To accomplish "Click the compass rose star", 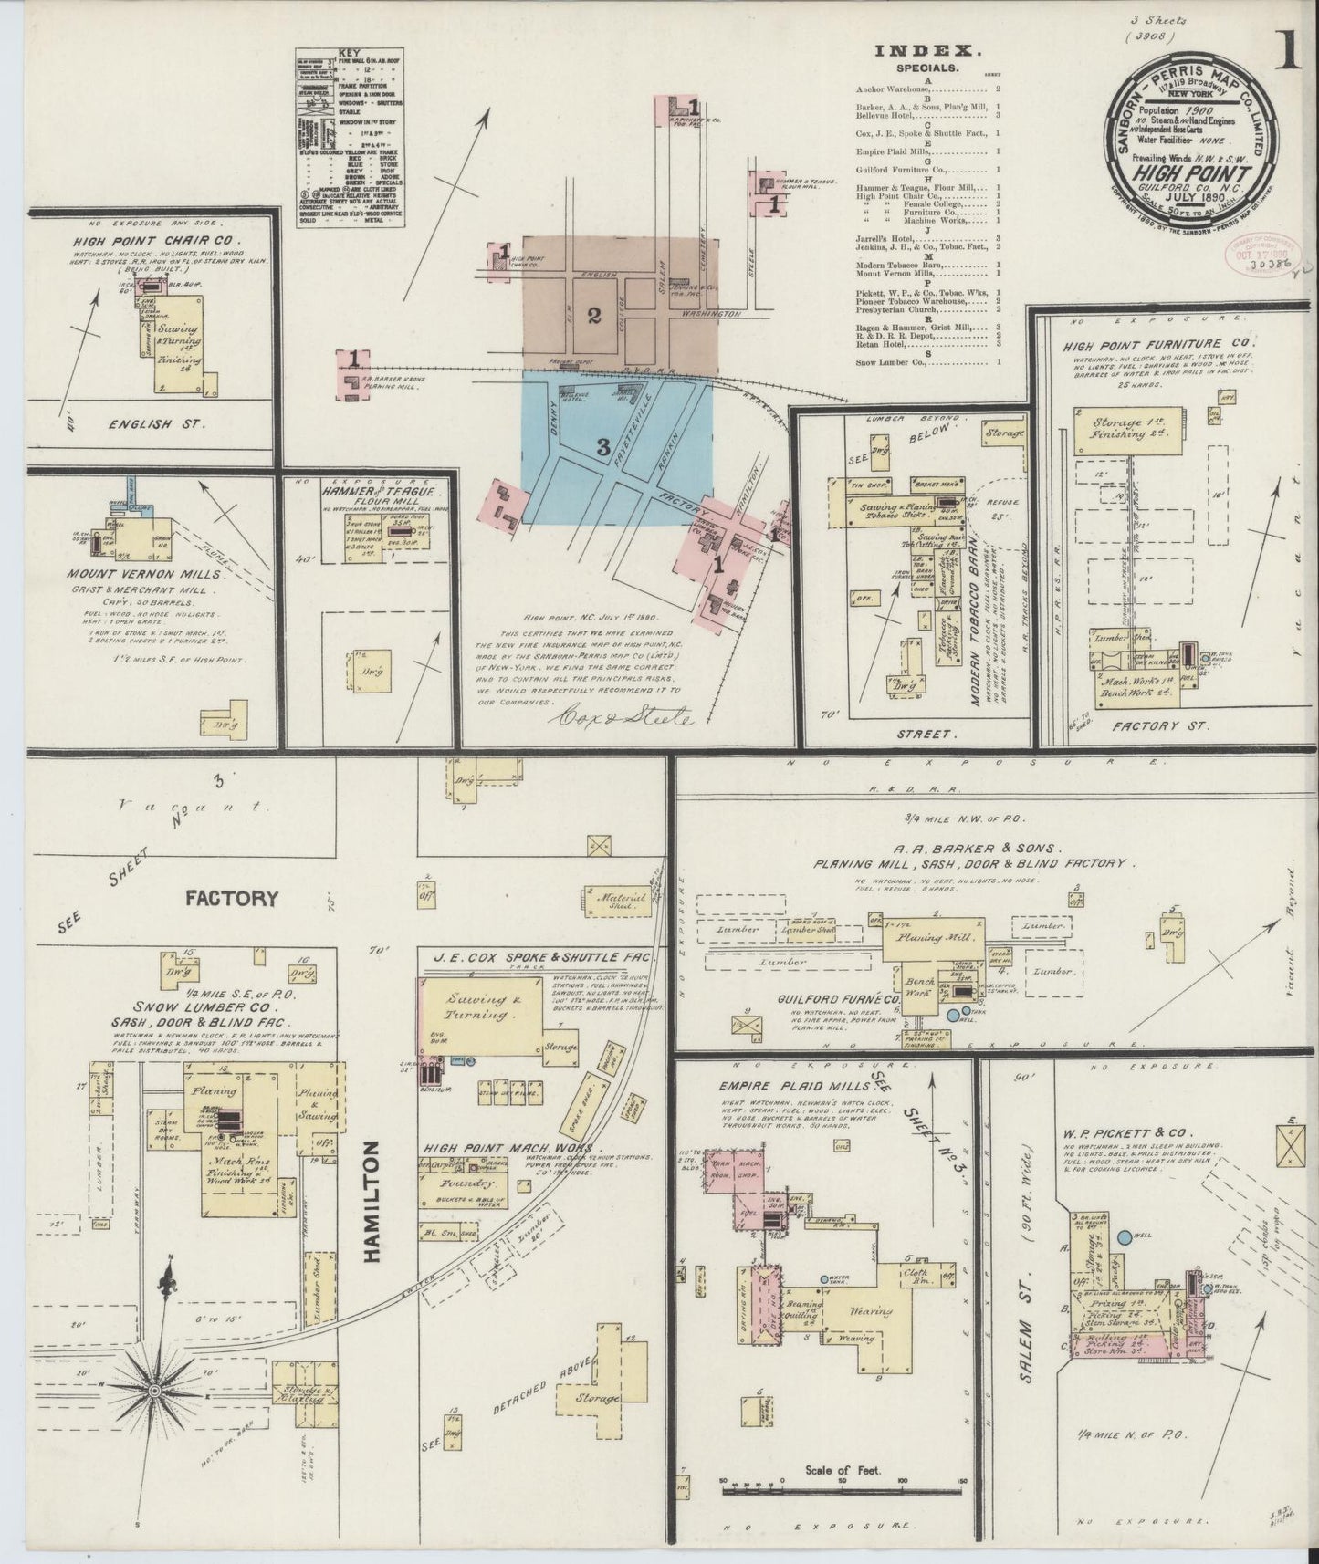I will pyautogui.click(x=155, y=1389).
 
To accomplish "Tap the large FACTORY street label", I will pyautogui.click(x=231, y=898).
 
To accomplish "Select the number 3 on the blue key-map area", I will pyautogui.click(x=602, y=446).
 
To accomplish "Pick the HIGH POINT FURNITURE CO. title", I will pyautogui.click(x=1158, y=344).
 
